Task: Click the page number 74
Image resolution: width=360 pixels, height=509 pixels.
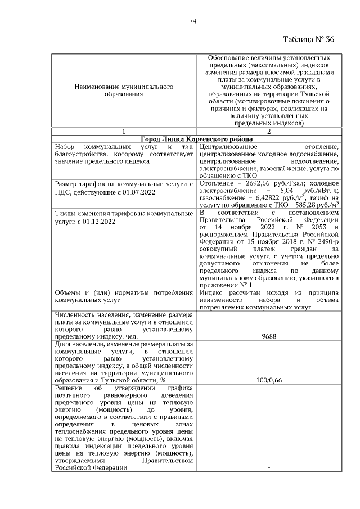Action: (x=192, y=21)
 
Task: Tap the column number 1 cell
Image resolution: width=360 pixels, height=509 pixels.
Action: (x=123, y=131)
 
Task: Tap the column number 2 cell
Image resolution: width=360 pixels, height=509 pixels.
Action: (x=268, y=131)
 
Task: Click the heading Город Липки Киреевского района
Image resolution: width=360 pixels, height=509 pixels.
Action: (x=196, y=139)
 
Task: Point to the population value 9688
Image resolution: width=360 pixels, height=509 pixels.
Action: (x=268, y=336)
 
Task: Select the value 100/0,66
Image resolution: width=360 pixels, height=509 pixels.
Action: (x=268, y=380)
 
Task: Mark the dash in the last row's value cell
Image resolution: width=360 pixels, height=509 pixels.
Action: (x=268, y=467)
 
